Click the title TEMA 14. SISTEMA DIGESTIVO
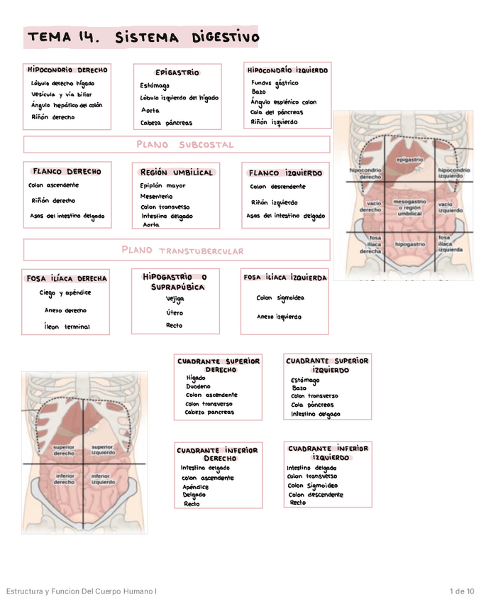click(x=143, y=37)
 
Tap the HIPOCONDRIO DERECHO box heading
click(x=67, y=70)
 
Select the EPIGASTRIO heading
click(x=177, y=72)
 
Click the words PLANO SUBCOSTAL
click(x=184, y=145)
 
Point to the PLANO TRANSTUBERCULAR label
click(x=182, y=250)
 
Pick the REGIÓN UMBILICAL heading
click(x=177, y=173)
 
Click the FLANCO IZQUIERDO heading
click(x=285, y=173)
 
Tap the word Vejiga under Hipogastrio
click(x=175, y=299)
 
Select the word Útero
click(x=175, y=312)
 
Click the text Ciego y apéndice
click(x=65, y=292)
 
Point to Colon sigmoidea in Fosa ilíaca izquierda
click(x=280, y=298)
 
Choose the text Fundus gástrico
click(x=275, y=82)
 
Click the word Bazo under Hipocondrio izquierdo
click(x=259, y=92)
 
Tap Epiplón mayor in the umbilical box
click(x=162, y=185)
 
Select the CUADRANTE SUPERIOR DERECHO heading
click(x=219, y=365)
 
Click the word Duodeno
click(x=198, y=387)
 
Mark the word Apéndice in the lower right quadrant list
click(x=195, y=487)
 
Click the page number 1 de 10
click(x=462, y=591)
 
